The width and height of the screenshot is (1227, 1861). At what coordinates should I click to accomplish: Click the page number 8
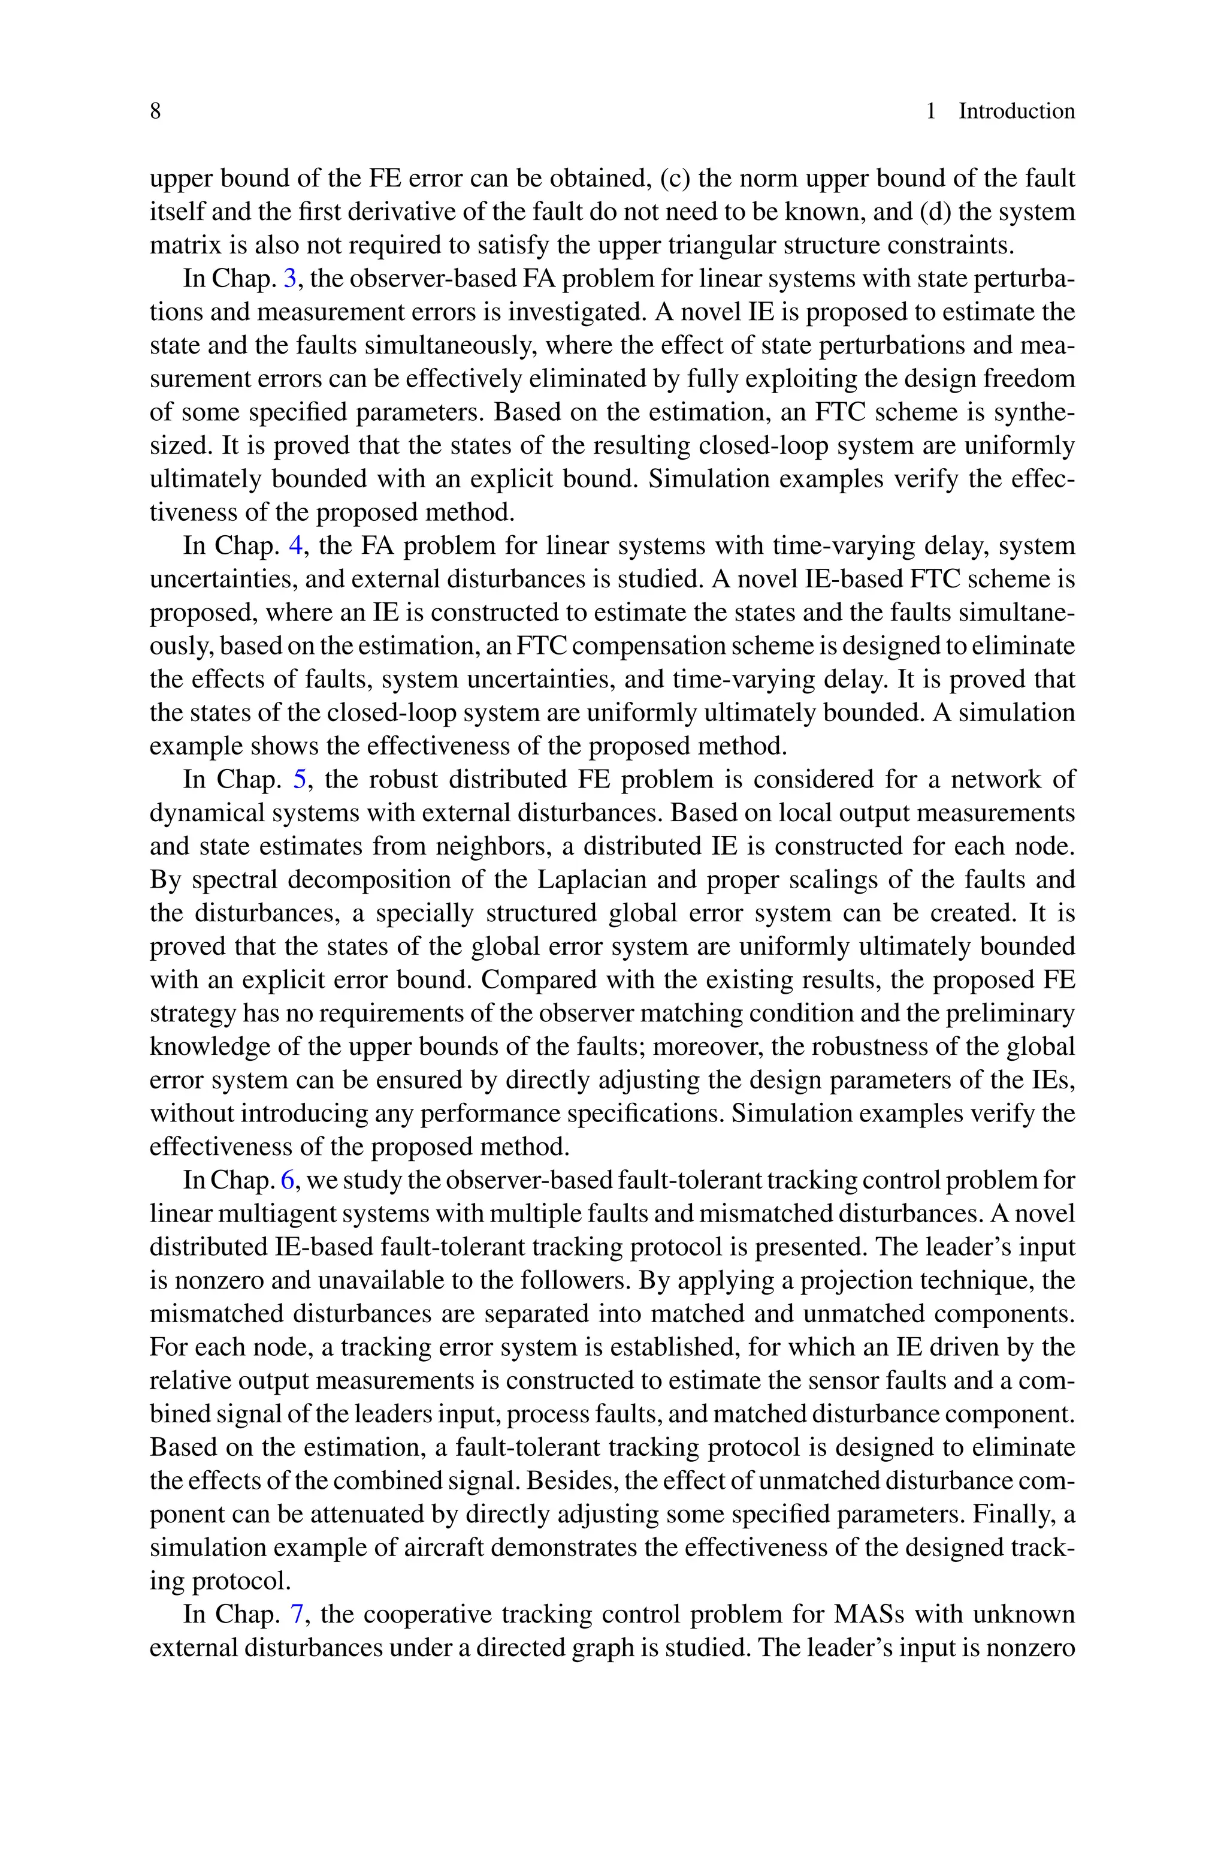(x=155, y=111)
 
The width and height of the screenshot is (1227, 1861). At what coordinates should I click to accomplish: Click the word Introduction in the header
(x=1017, y=111)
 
